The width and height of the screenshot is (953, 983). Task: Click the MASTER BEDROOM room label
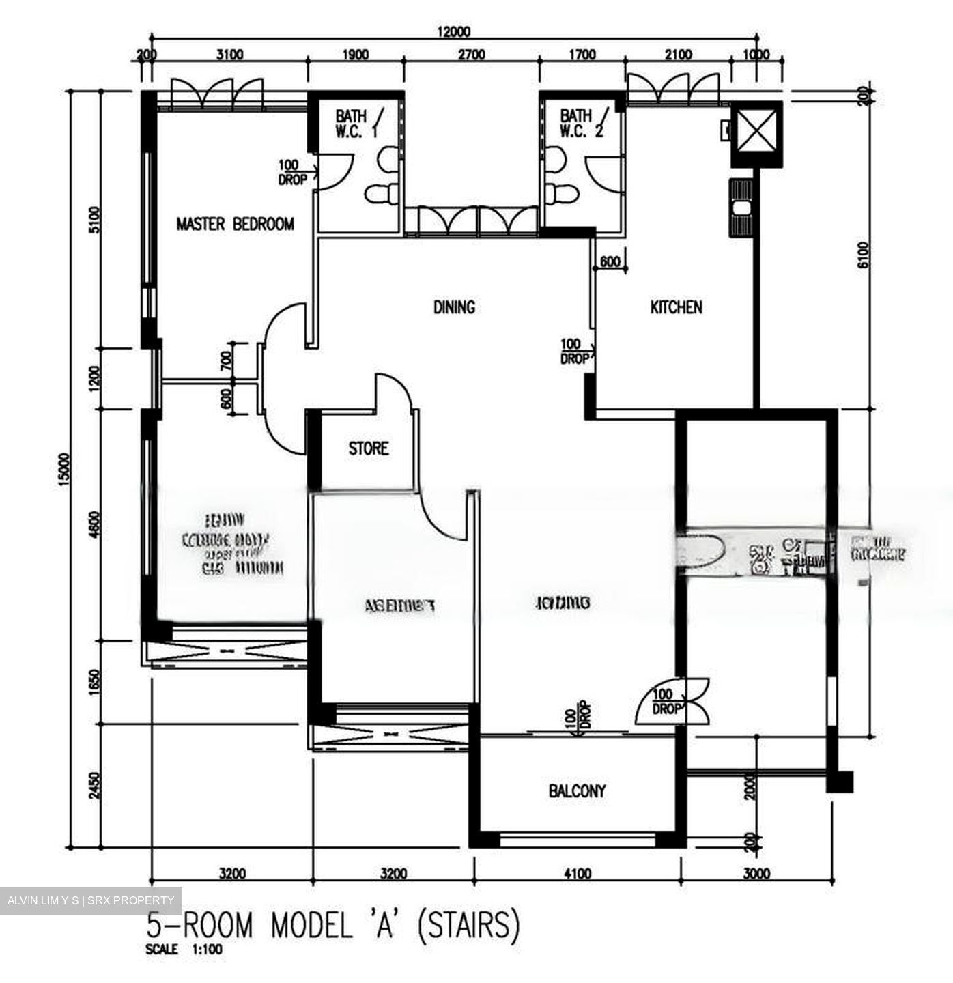(235, 224)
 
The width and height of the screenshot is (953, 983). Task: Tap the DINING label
(454, 307)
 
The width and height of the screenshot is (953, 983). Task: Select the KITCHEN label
(675, 307)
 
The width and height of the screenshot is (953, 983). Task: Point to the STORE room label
(368, 448)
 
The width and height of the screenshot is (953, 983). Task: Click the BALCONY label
(577, 790)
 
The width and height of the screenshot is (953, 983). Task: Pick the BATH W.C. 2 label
(580, 124)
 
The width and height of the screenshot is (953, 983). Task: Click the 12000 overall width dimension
(453, 31)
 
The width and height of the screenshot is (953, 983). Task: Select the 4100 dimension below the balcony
(578, 873)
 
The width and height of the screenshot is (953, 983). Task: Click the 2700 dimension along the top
(471, 55)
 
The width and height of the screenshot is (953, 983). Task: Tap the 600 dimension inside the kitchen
(610, 261)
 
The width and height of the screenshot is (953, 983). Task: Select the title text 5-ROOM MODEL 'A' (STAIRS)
(334, 926)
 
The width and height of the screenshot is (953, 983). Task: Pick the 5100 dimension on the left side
(95, 220)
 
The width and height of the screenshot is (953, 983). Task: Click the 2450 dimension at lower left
(95, 786)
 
